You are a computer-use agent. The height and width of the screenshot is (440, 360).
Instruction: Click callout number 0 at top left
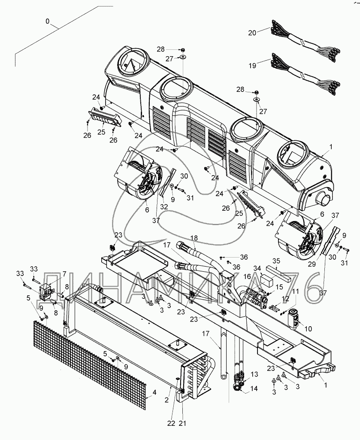48,21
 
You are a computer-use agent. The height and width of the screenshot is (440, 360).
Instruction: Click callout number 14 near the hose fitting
254,388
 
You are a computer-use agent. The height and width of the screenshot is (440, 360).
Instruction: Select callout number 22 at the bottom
171,423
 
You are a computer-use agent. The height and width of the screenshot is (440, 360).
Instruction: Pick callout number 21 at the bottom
183,423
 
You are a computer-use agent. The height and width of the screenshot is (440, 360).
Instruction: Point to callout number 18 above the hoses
194,238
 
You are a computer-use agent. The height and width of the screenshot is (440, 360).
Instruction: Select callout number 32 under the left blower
164,207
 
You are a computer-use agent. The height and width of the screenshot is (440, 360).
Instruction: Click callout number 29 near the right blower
312,264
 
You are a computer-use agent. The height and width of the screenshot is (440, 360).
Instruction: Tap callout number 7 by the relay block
64,273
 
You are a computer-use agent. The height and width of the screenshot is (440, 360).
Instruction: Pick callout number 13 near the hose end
254,374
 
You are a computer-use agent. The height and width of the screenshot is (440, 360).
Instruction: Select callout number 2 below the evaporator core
166,400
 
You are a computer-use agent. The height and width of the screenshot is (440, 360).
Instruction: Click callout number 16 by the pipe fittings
247,277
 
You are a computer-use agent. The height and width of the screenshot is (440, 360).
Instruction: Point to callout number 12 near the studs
285,300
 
